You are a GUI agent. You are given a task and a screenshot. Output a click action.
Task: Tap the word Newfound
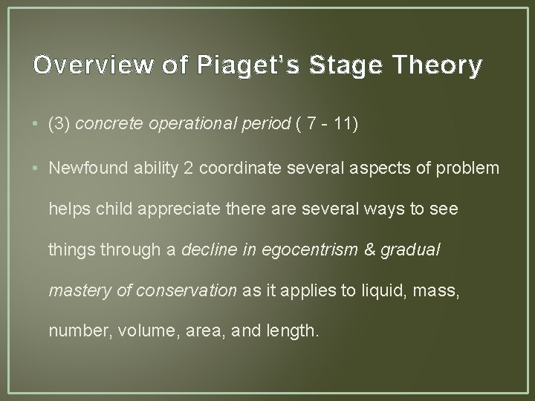pos(85,169)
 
